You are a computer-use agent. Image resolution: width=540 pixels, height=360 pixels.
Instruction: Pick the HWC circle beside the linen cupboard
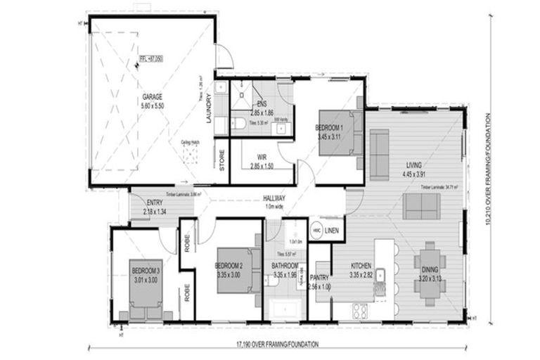coord(317,231)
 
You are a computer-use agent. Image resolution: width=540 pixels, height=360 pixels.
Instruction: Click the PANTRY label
coord(320,279)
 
